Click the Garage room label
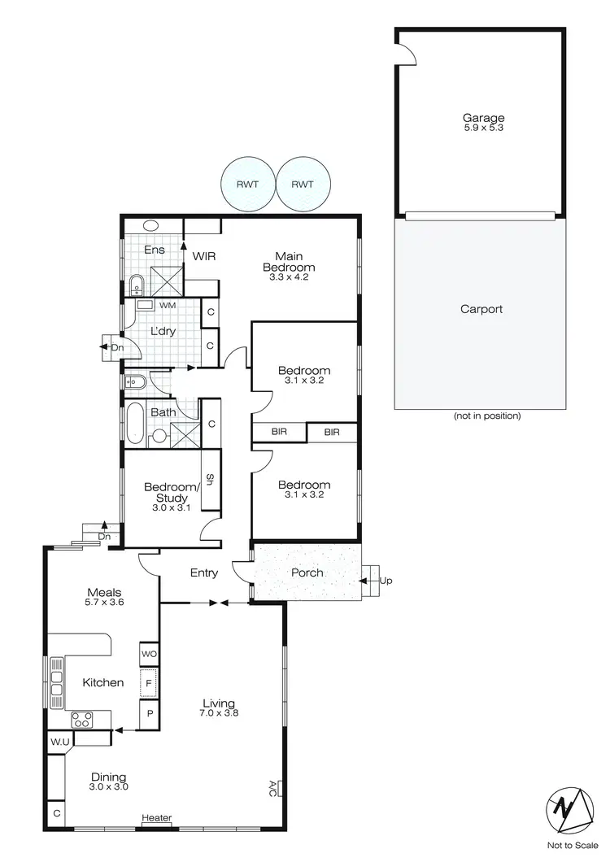(485, 118)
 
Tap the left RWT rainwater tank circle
(248, 184)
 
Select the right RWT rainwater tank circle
(303, 184)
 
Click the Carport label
(481, 309)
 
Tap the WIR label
(203, 256)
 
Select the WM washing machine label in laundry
(168, 305)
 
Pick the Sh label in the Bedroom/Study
(209, 480)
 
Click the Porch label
(307, 572)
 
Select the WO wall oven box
(149, 654)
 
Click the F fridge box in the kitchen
(149, 684)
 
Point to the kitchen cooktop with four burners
(82, 718)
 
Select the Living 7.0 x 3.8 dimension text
(220, 713)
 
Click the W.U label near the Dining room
(59, 742)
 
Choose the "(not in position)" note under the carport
(486, 416)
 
